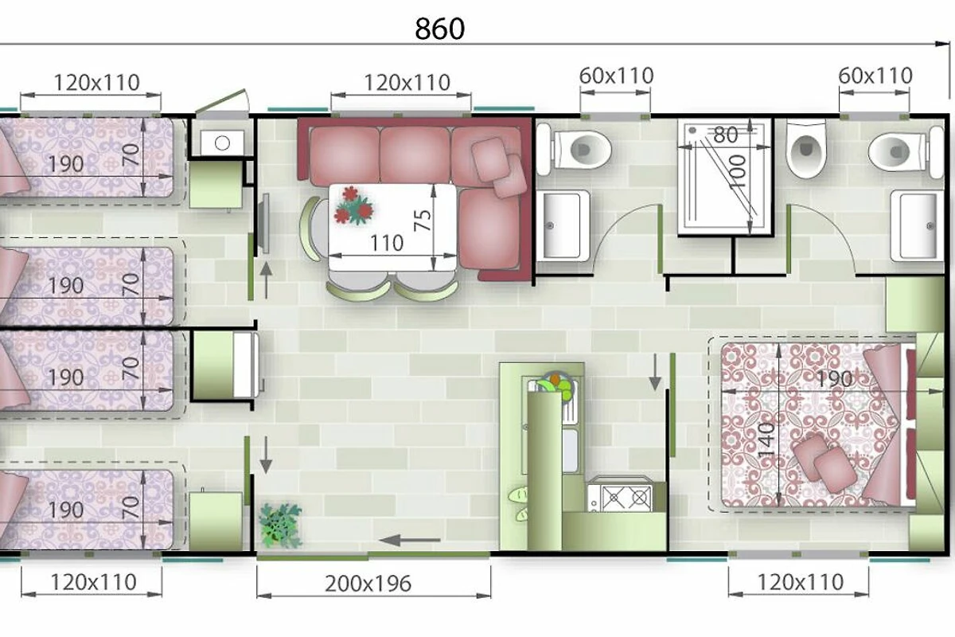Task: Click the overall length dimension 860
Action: click(439, 29)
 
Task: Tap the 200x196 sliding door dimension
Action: click(368, 584)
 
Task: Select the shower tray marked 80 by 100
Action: click(725, 177)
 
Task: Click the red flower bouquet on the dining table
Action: click(353, 206)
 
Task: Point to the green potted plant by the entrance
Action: click(280, 526)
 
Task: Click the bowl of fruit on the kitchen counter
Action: click(555, 385)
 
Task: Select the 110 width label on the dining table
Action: click(387, 243)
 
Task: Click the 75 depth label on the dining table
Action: click(423, 220)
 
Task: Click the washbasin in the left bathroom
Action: click(563, 225)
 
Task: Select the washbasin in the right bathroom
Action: click(917, 225)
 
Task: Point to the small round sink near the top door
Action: click(222, 143)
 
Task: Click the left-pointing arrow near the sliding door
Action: click(410, 541)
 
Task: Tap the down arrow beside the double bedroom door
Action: click(655, 373)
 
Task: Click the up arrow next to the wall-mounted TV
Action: click(266, 280)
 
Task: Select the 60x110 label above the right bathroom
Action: click(875, 76)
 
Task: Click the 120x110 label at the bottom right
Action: click(801, 582)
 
